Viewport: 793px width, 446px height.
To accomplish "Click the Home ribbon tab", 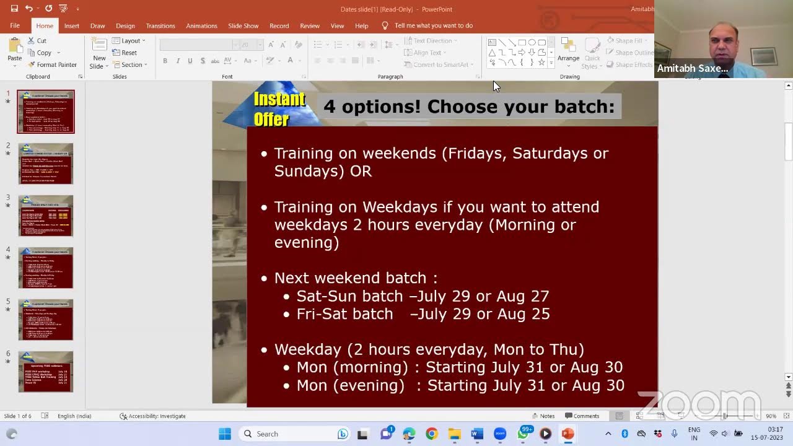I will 45,26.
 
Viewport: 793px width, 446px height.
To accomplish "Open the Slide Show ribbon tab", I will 243,26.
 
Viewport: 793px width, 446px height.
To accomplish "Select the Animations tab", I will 201,26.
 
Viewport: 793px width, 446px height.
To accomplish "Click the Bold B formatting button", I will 165,61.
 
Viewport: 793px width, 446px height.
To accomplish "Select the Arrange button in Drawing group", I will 568,50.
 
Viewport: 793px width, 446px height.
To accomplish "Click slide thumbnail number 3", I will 46,216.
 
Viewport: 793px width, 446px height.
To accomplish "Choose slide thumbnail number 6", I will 46,372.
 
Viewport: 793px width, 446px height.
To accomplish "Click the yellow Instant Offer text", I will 279,108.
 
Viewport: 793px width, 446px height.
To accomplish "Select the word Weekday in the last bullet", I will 307,349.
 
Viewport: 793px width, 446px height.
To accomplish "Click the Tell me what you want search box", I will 433,26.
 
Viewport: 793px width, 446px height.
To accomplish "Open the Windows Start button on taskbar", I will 225,434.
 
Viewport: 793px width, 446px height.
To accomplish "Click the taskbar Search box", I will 285,434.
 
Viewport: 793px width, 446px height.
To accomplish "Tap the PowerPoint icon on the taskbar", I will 567,434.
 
